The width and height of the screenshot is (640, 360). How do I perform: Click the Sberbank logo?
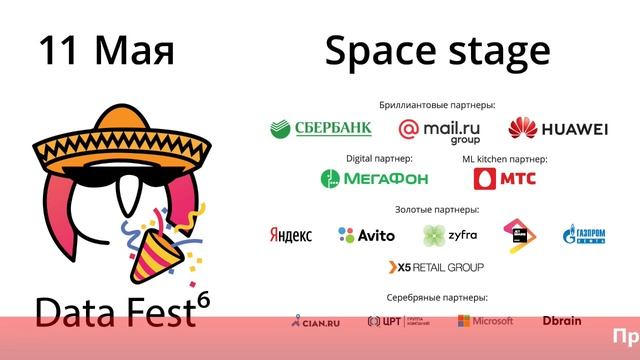pos(321,128)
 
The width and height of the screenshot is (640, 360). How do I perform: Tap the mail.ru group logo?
pos(439,130)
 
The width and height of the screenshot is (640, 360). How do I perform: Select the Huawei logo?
pos(558,129)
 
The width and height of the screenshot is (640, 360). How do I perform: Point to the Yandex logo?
pos(290,235)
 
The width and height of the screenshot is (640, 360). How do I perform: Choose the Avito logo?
pos(366,235)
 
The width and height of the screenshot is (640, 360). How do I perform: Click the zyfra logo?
pos(449,235)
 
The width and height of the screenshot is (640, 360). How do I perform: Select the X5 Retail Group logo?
pos(436,267)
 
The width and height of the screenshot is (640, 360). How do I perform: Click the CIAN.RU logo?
pos(315,321)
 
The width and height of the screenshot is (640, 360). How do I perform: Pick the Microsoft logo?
pos(486,321)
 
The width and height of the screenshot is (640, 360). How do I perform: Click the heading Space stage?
pos(437,50)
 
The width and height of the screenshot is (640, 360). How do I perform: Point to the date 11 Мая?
pos(106,50)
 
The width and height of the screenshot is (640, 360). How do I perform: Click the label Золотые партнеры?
pos(437,209)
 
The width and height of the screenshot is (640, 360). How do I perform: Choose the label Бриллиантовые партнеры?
pos(437,104)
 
